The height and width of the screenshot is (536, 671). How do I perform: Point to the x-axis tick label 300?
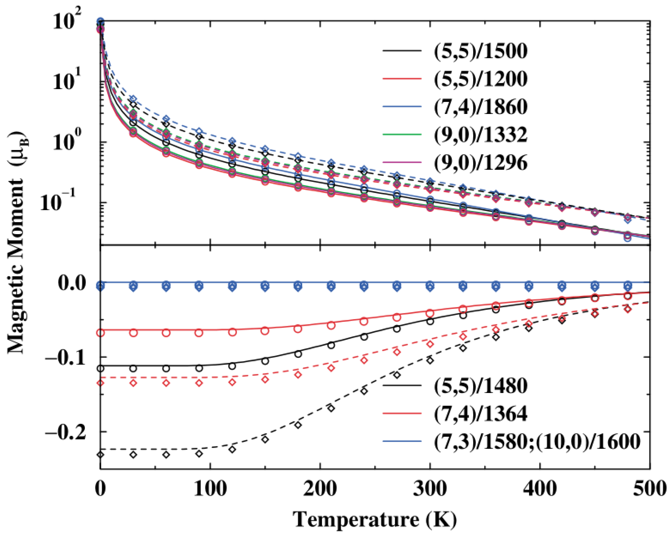click(430, 489)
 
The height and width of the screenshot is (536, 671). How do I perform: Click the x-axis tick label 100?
click(210, 489)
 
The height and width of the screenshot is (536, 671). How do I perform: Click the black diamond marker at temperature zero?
click(100, 455)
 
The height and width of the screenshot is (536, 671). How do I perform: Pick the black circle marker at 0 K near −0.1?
click(100, 368)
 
